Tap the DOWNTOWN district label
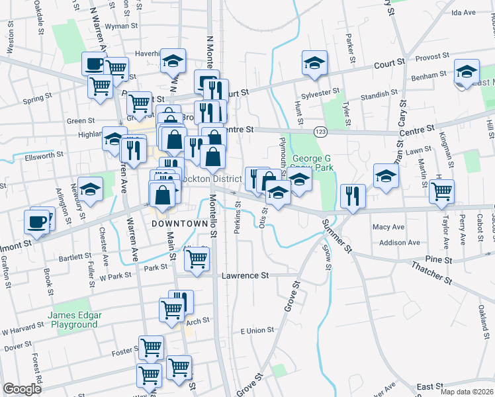(x=180, y=224)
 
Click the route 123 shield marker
(x=320, y=132)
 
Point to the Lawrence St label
(x=246, y=275)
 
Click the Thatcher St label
(x=431, y=271)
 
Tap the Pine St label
(x=439, y=259)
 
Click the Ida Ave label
(x=463, y=13)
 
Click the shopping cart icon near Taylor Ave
(x=441, y=192)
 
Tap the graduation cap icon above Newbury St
(x=91, y=189)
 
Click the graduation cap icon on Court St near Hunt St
(x=314, y=64)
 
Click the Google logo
(x=22, y=388)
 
